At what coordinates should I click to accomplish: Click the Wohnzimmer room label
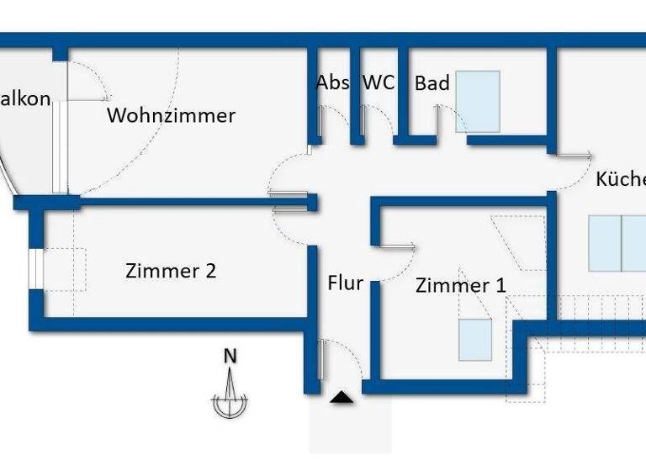click(171, 115)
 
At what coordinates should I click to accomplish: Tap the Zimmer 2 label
click(171, 271)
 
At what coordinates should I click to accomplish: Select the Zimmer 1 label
click(461, 286)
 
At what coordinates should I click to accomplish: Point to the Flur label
click(345, 283)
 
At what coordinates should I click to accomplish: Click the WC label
click(379, 83)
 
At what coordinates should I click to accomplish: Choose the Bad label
click(432, 83)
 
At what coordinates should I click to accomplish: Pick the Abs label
click(333, 83)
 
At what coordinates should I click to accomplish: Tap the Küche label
click(622, 179)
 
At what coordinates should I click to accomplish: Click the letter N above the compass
click(230, 356)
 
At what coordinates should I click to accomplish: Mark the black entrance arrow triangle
click(342, 397)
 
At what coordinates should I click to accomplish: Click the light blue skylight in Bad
click(478, 102)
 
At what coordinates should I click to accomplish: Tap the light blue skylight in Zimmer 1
click(475, 340)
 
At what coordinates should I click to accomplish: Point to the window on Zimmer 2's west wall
click(34, 269)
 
